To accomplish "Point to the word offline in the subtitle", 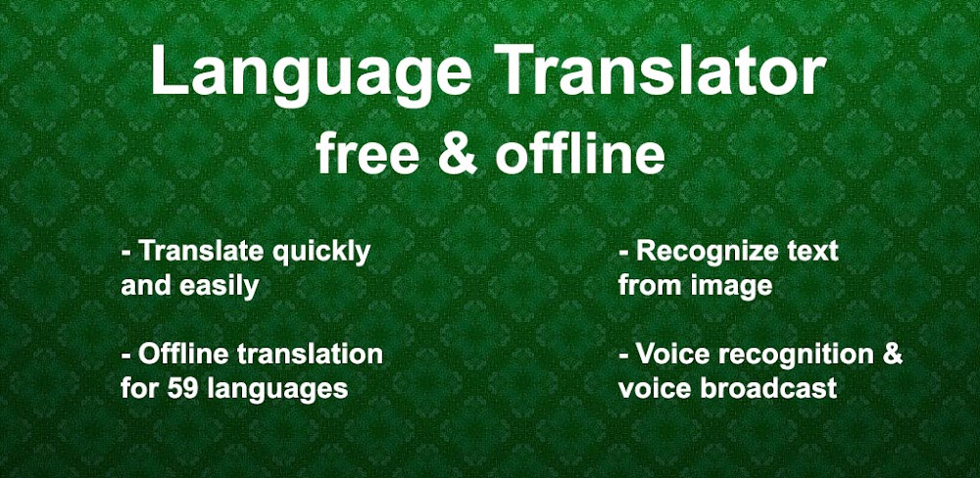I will (578, 155).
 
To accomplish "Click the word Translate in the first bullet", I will (200, 251).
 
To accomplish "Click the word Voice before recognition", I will (668, 354).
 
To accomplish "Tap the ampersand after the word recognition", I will (892, 354).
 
